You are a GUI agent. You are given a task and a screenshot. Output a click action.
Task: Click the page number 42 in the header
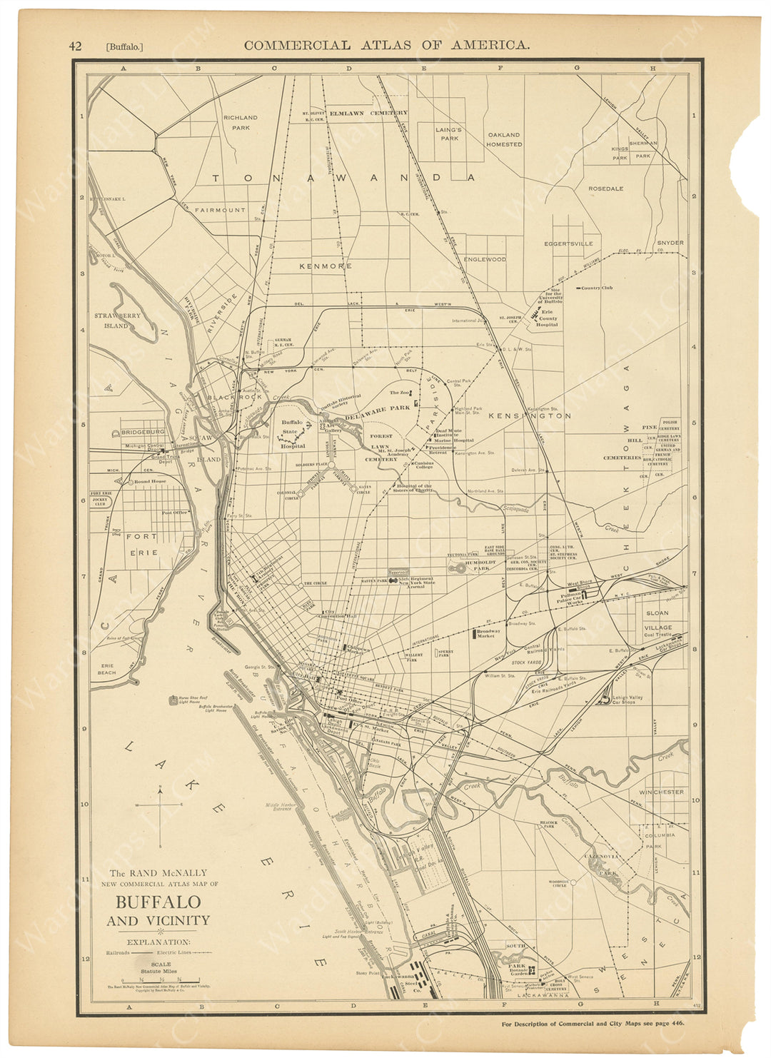[x=75, y=46]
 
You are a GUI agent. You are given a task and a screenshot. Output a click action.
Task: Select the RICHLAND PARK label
[x=240, y=122]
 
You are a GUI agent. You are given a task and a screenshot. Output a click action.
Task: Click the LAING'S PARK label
[x=448, y=134]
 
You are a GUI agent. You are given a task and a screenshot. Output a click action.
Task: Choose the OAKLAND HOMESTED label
[x=504, y=138]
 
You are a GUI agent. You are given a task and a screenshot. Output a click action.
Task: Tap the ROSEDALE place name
[x=605, y=188]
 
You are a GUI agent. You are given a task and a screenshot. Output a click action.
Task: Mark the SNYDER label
[x=670, y=243]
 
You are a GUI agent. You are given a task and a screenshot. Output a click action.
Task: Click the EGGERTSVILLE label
[x=568, y=243]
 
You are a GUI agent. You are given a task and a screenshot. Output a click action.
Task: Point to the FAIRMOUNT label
[x=220, y=210]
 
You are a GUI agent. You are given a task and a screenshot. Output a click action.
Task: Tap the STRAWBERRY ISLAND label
[x=117, y=320]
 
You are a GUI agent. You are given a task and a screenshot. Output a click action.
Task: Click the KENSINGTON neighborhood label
[x=529, y=415]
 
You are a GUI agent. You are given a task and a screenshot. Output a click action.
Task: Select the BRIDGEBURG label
[x=143, y=432]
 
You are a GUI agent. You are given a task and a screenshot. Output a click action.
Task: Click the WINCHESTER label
[x=661, y=792]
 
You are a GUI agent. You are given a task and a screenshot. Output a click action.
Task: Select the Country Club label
[x=597, y=288]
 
